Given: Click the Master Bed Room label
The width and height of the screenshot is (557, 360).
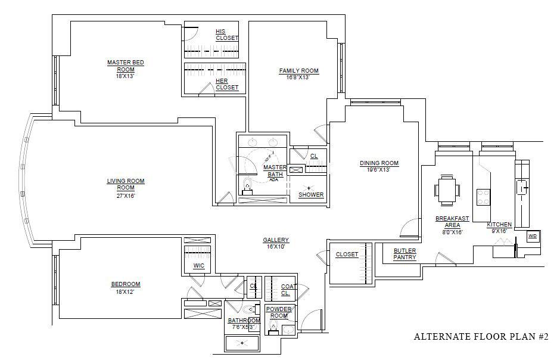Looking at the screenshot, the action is (x=126, y=66).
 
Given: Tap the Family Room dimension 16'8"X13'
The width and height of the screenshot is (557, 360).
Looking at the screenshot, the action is (x=298, y=77).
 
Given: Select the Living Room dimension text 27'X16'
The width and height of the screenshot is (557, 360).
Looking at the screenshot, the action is (x=126, y=195).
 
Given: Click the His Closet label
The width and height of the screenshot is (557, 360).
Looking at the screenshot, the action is (x=227, y=35).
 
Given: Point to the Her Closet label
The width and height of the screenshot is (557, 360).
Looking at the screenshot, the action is (x=227, y=84).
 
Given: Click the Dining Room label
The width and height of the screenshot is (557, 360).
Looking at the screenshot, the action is (x=379, y=163).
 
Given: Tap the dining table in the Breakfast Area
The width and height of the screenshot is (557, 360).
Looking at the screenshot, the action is (x=447, y=190).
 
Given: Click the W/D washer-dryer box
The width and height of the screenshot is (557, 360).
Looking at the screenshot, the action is (x=533, y=237).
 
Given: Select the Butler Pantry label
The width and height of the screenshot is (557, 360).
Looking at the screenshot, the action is (x=404, y=254).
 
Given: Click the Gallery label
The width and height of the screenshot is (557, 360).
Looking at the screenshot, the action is (x=276, y=240).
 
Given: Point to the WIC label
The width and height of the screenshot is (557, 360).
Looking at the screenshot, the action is (x=199, y=266).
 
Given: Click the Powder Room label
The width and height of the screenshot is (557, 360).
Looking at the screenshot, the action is (x=279, y=312).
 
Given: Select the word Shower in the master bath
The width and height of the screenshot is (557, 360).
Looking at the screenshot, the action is (x=311, y=195).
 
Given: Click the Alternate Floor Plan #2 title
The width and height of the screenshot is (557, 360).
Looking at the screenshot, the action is (x=482, y=336).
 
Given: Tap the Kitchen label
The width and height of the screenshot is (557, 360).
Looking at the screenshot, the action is (x=499, y=225).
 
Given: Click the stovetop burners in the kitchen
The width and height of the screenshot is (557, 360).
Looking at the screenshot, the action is (x=483, y=197).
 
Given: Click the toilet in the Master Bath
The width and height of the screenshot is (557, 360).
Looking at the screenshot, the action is (x=247, y=187).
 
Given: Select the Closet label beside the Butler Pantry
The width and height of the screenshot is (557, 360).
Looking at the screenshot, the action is (x=347, y=255).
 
